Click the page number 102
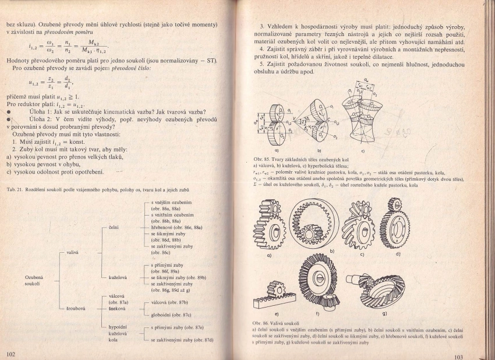pyautogui.click(x=10, y=354)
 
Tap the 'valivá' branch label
pyautogui.click(x=74, y=252)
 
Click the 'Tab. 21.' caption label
pyautogui.click(x=15, y=190)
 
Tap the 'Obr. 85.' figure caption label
pyautogui.click(x=263, y=159)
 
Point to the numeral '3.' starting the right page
pyautogui.click(x=263, y=27)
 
